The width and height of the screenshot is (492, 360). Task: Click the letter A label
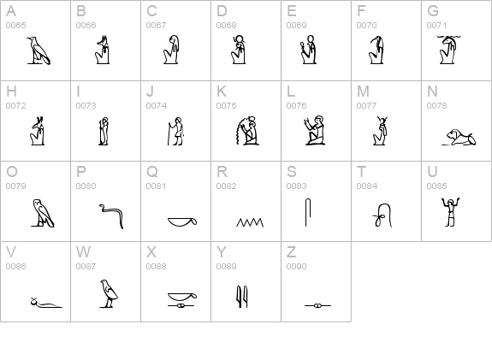[x=10, y=11]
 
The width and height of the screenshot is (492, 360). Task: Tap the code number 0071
[x=436, y=26]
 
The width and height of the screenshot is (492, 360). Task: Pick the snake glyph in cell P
[x=108, y=215]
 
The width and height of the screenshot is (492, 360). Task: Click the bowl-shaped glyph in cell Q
[x=184, y=223]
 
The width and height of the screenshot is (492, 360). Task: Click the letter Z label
[x=291, y=252]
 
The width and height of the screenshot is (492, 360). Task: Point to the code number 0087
[x=86, y=267]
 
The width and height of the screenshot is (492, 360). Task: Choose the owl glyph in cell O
[x=41, y=213]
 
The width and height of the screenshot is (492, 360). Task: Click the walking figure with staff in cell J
[x=175, y=131]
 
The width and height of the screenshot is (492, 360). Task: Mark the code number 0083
[x=296, y=186]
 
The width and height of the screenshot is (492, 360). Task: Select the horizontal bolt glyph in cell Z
[x=317, y=304]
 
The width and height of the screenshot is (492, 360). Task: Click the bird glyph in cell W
[x=108, y=293]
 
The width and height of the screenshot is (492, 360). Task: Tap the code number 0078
[x=436, y=106]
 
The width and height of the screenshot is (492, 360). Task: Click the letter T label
[x=361, y=172]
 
